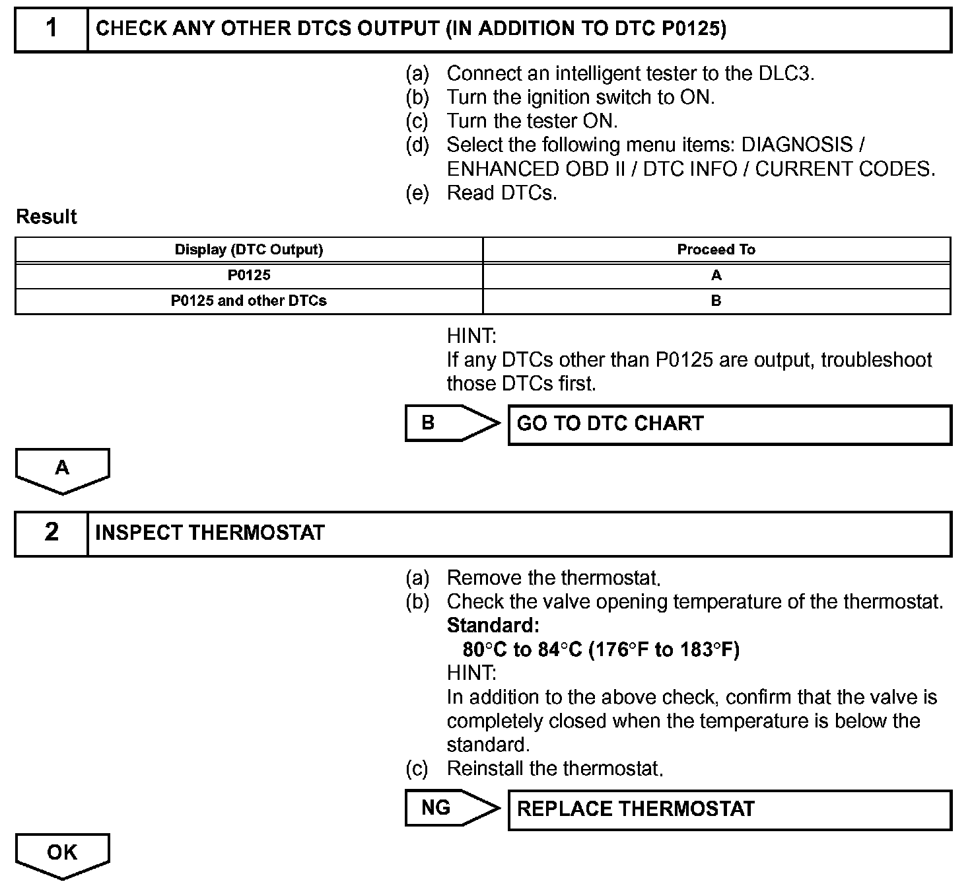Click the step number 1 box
pos(52,29)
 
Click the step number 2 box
pos(52,533)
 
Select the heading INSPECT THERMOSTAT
pos(210,533)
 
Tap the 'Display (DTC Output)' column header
pos(249,250)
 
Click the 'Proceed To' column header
pos(716,250)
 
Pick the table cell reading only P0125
pos(249,276)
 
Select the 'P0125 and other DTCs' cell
pos(249,301)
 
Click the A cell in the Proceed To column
pos(716,276)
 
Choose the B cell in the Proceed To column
pos(716,301)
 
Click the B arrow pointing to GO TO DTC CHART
pos(449,424)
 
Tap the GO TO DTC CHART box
pos(729,424)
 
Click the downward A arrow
pos(62,470)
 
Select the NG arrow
pos(449,808)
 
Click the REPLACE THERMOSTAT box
pos(729,809)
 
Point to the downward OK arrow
pos(62,855)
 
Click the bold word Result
pos(46,217)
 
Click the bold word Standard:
pos(493,625)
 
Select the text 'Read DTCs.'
pos(502,193)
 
